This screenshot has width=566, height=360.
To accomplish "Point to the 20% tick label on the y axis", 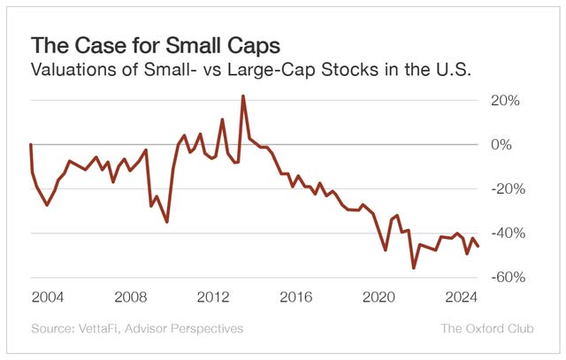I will coord(507,100).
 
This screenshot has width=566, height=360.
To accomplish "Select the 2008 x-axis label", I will coord(130,295).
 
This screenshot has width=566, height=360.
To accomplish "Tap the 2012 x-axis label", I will coord(213,295).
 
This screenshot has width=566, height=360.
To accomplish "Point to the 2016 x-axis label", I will coord(296,295).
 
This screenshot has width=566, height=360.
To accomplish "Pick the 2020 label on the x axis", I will coord(379,295).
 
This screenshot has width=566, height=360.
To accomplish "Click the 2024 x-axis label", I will coord(461,295).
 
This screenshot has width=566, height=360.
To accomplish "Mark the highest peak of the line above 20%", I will coord(243,96).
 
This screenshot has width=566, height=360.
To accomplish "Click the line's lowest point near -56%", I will coord(413,267).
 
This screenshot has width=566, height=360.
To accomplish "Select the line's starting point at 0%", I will coord(31,144).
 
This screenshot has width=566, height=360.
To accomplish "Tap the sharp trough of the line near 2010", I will coord(167,221).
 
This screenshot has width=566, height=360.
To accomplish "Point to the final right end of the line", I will coord(478,246).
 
